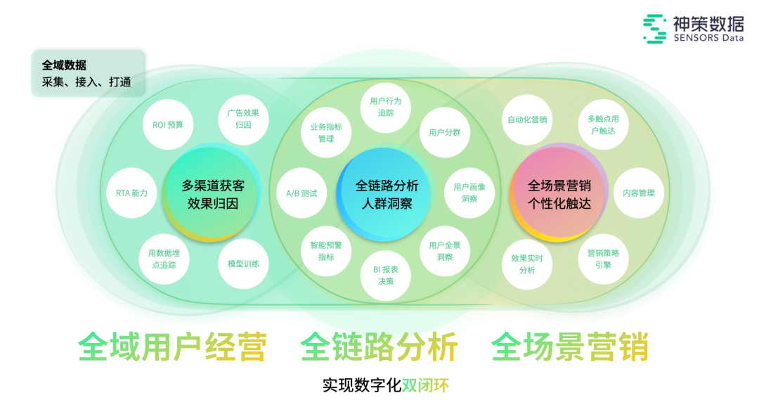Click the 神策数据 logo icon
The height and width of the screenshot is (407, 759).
(655, 28)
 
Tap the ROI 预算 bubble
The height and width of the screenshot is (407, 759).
(168, 124)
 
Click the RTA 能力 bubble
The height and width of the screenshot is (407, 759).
(132, 193)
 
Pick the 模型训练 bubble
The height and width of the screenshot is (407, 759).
(243, 264)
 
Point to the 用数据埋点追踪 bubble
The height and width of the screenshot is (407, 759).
(167, 258)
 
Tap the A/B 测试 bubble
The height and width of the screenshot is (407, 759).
(301, 193)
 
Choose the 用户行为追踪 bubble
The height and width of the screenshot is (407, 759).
(386, 106)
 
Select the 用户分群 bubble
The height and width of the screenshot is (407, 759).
(445, 132)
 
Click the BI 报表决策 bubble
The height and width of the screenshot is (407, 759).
(386, 275)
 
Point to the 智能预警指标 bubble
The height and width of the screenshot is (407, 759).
(326, 251)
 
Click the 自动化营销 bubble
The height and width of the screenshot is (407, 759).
(527, 119)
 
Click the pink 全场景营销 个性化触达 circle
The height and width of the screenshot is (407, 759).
(559, 194)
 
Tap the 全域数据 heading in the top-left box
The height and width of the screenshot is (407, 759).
(64, 65)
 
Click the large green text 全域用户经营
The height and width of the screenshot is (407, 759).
(172, 347)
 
